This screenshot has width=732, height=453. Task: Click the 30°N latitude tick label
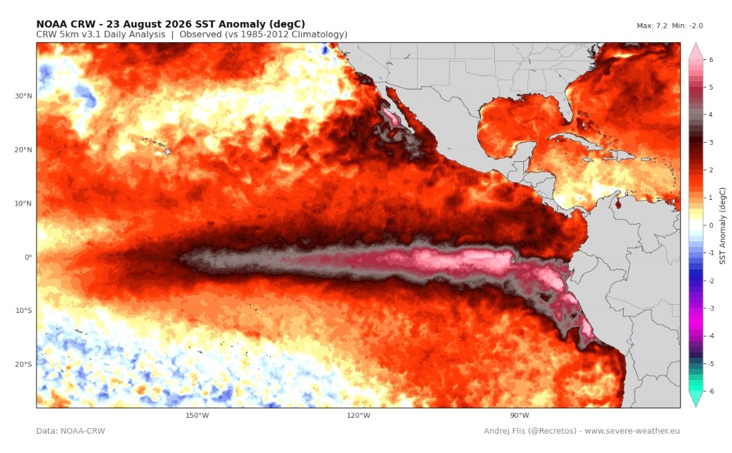pyautogui.click(x=23, y=97)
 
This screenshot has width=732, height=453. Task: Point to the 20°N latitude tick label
pyautogui.click(x=23, y=150)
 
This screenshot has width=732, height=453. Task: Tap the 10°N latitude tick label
pyautogui.click(x=23, y=203)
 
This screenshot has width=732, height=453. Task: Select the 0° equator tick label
pyautogui.click(x=28, y=257)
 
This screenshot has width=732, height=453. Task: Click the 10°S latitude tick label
pyautogui.click(x=23, y=310)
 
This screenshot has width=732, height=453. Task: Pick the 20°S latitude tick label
pyautogui.click(x=23, y=364)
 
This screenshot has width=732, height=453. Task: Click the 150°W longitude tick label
pyautogui.click(x=197, y=415)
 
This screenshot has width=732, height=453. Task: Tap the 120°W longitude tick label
pyautogui.click(x=358, y=415)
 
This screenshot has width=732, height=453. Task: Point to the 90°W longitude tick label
pyautogui.click(x=519, y=415)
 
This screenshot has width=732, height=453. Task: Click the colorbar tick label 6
pyautogui.click(x=711, y=60)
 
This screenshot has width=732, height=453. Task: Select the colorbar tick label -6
pyautogui.click(x=710, y=392)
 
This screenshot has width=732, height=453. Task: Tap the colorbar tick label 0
pyautogui.click(x=711, y=225)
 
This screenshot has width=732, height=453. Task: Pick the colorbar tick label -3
pyautogui.click(x=710, y=308)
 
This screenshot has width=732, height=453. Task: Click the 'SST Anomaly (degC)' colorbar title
pyautogui.click(x=722, y=225)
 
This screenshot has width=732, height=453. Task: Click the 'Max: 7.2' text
pyautogui.click(x=652, y=26)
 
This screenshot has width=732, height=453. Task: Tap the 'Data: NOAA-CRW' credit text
pyautogui.click(x=70, y=431)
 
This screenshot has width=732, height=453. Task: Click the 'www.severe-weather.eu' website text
pyautogui.click(x=632, y=431)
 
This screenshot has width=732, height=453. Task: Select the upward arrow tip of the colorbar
pyautogui.click(x=695, y=43)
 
